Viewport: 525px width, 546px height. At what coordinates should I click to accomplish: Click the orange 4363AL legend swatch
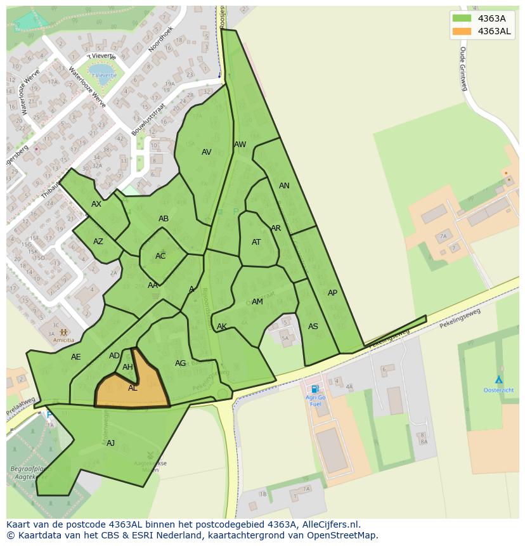[462, 31]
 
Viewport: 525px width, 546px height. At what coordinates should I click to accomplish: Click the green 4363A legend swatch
[462, 18]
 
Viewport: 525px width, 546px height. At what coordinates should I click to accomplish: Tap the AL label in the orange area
[133, 388]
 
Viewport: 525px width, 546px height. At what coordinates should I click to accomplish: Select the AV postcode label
[206, 152]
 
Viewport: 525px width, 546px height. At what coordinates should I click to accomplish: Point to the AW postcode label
[240, 145]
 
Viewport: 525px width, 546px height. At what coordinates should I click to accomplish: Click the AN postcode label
[284, 186]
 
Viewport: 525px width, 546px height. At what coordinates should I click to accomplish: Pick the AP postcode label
[332, 293]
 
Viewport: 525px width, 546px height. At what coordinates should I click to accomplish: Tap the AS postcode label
[313, 327]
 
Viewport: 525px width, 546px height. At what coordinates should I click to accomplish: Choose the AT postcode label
[256, 242]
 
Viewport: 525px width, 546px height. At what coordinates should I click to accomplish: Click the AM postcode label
[257, 302]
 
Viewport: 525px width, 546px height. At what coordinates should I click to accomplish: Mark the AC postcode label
[160, 256]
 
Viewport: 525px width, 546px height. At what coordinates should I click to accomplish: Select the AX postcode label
[96, 204]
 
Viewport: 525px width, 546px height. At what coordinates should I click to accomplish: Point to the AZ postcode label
[98, 242]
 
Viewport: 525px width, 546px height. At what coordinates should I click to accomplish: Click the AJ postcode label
[110, 443]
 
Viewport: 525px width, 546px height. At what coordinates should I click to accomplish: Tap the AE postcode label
[76, 357]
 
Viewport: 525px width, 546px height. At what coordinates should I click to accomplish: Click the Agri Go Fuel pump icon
[314, 389]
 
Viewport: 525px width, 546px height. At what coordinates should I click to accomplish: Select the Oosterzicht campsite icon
[499, 379]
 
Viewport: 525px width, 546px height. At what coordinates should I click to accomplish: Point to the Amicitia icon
[63, 332]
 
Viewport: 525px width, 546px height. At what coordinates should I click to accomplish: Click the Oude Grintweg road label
[463, 68]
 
